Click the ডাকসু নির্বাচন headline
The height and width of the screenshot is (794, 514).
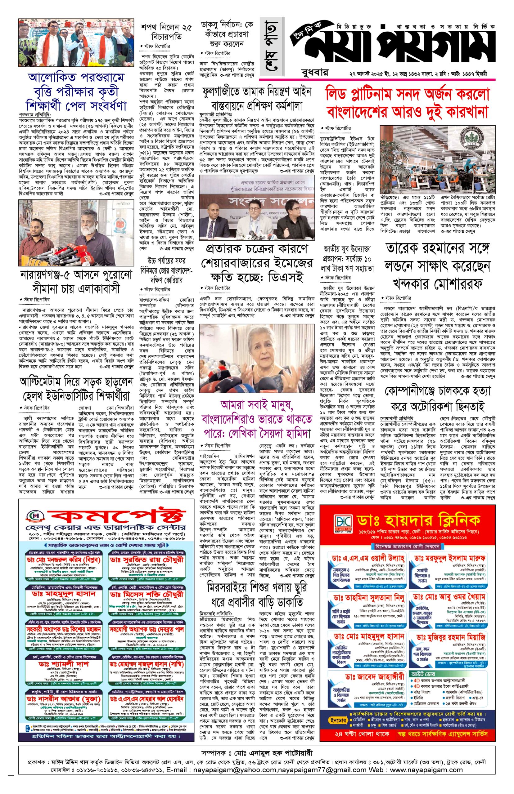pyautogui.click(x=227, y=34)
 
